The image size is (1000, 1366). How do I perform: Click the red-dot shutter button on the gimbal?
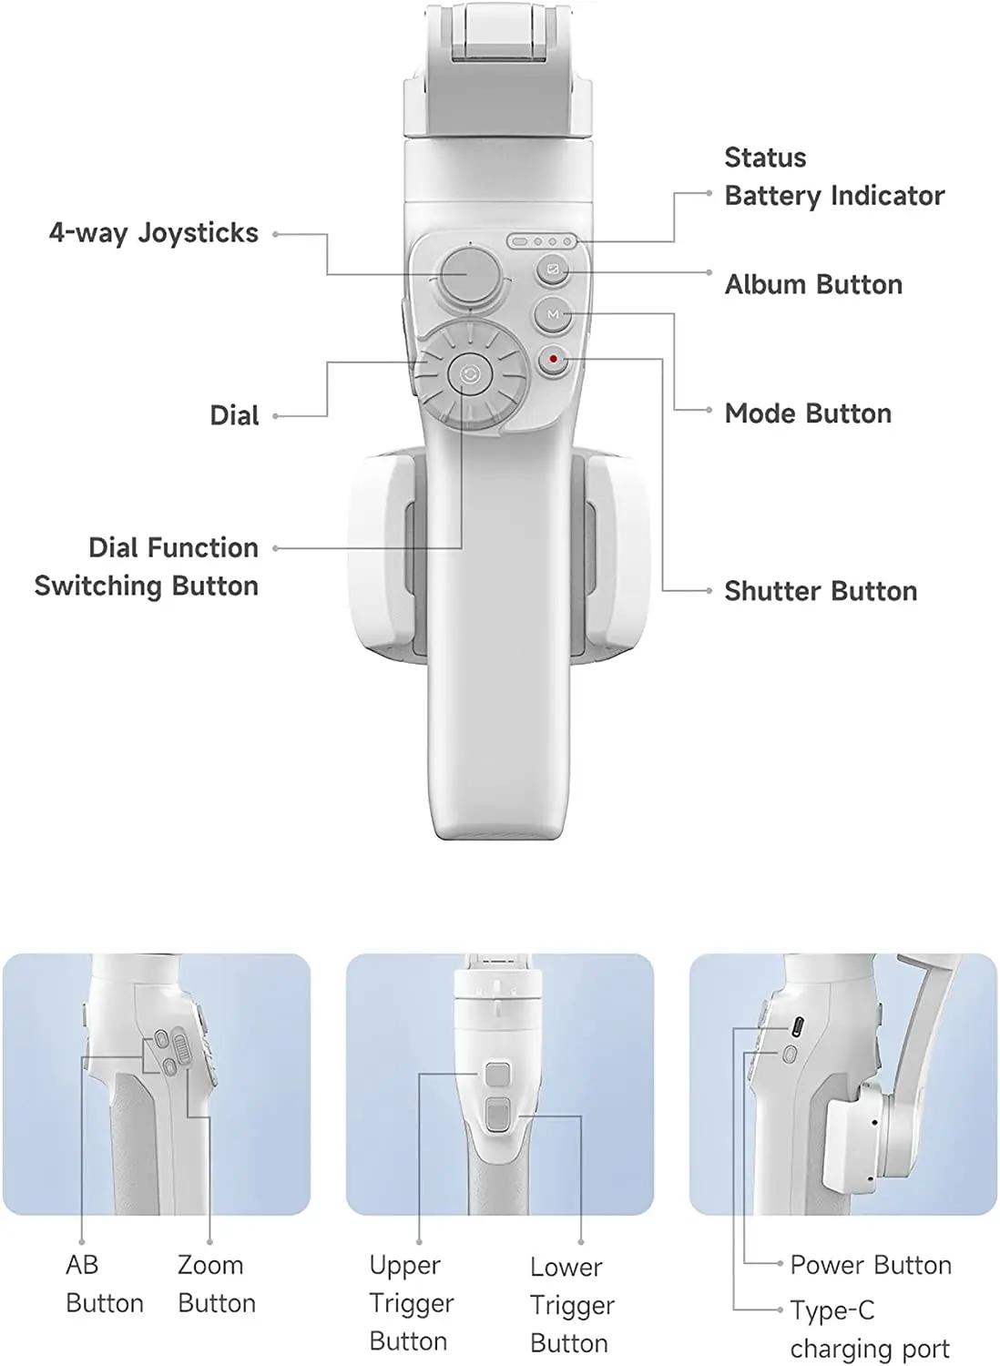pyautogui.click(x=553, y=359)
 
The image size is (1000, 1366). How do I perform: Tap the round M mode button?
pyautogui.click(x=553, y=314)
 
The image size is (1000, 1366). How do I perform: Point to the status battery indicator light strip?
pyautogui.click(x=542, y=242)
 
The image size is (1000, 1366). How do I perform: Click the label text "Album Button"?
pyautogui.click(x=813, y=285)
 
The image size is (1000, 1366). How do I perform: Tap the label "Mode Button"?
pyautogui.click(x=808, y=413)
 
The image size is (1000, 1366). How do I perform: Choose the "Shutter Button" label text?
pyautogui.click(x=821, y=591)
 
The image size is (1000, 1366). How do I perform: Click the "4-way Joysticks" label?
pyautogui.click(x=154, y=233)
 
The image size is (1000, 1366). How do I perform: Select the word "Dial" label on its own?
pyautogui.click(x=234, y=415)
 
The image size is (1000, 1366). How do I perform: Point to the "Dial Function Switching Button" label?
pyautogui.click(x=147, y=566)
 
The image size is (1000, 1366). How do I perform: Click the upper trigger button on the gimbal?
pyautogui.click(x=497, y=1074)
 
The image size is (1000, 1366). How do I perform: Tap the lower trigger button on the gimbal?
pyautogui.click(x=497, y=1115)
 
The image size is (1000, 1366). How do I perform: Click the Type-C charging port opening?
pyautogui.click(x=797, y=1026)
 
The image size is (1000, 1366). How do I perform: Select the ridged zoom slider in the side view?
pyautogui.click(x=181, y=1047)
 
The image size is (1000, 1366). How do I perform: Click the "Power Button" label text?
pyautogui.click(x=871, y=1265)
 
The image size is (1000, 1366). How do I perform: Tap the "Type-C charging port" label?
pyautogui.click(x=870, y=1329)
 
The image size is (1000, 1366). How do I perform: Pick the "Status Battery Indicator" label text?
pyautogui.click(x=834, y=177)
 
